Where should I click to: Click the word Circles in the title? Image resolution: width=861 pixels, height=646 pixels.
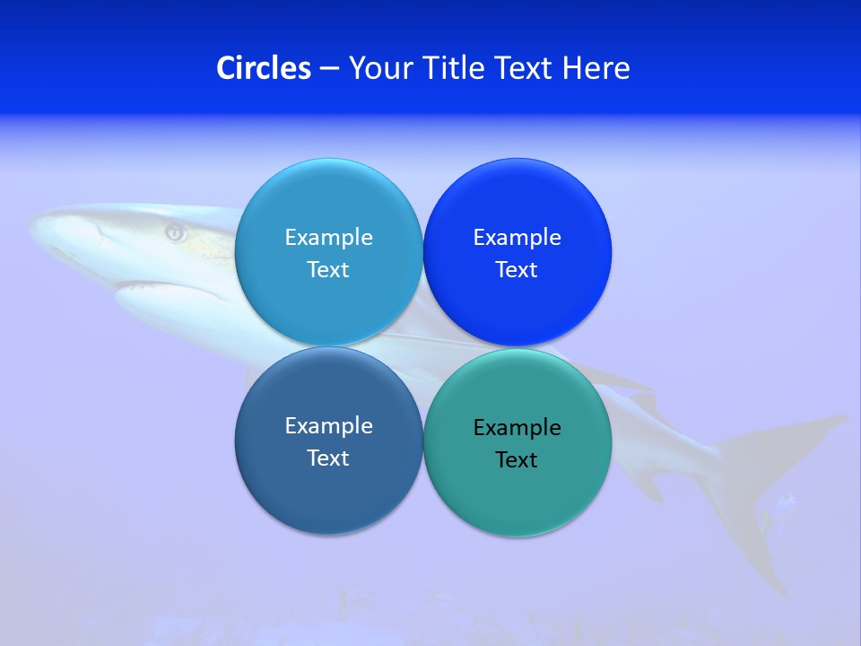tap(264, 68)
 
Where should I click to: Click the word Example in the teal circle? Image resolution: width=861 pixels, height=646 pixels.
tap(517, 428)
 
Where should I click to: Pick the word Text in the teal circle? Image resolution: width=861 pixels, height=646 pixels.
tap(517, 460)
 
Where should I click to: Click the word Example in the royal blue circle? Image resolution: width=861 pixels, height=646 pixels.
tap(517, 238)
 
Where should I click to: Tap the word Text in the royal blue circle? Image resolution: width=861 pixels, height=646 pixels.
tap(517, 270)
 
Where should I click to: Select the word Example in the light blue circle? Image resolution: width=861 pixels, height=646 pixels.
tap(328, 238)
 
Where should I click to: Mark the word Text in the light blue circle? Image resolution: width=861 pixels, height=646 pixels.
tap(328, 270)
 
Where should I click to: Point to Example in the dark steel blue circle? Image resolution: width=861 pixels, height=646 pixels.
tap(328, 426)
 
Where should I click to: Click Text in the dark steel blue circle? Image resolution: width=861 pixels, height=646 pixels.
tap(328, 458)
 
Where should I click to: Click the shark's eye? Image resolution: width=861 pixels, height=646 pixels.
tap(175, 233)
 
